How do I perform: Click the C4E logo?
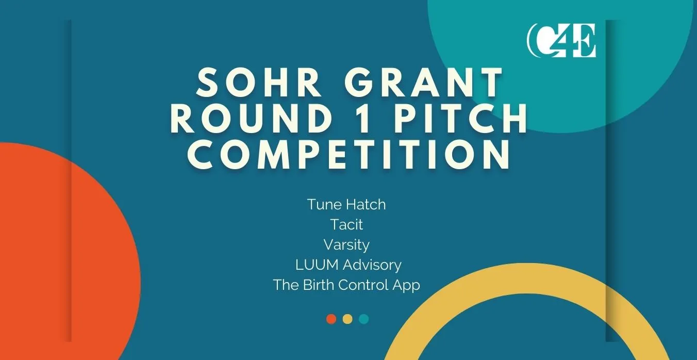pyautogui.click(x=561, y=40)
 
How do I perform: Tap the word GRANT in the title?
pyautogui.click(x=423, y=83)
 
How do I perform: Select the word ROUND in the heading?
pyautogui.click(x=251, y=119)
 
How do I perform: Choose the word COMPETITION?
pyautogui.click(x=348, y=154)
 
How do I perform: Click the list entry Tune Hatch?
pyautogui.click(x=346, y=205)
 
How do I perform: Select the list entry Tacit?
pyautogui.click(x=346, y=224)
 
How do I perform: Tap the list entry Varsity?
pyautogui.click(x=346, y=245)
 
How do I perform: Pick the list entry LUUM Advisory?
pyautogui.click(x=348, y=265)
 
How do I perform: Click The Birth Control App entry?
pyautogui.click(x=346, y=285)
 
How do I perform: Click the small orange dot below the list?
pyautogui.click(x=331, y=319)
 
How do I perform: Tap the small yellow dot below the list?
pyautogui.click(x=347, y=319)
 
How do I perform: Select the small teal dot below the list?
pyautogui.click(x=364, y=319)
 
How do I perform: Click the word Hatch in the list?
pyautogui.click(x=366, y=205)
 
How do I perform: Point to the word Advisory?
pyautogui.click(x=372, y=265)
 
